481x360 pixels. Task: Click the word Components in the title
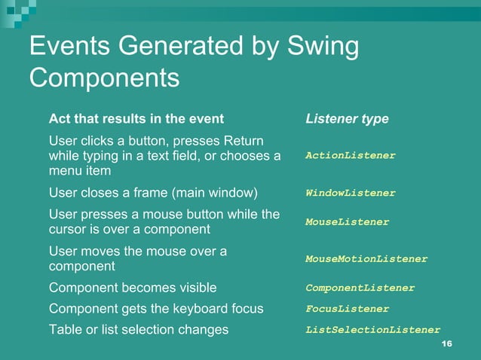coord(105,78)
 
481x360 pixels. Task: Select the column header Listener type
coord(347,119)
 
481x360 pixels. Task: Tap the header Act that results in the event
coord(136,119)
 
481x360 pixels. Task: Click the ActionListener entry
coord(350,155)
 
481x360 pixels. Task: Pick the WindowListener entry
coord(350,193)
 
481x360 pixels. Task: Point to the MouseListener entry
coord(347,222)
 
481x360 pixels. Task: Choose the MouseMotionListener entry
coord(366,259)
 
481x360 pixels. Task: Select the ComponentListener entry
coord(360,288)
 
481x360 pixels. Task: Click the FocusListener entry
coord(347,309)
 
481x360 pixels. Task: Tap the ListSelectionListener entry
coord(372,329)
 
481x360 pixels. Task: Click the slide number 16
coord(446,344)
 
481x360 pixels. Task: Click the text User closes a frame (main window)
coord(153,193)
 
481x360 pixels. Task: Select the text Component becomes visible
coord(133,288)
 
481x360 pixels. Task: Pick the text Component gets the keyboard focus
coord(156,309)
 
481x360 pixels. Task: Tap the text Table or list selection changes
coord(139,329)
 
